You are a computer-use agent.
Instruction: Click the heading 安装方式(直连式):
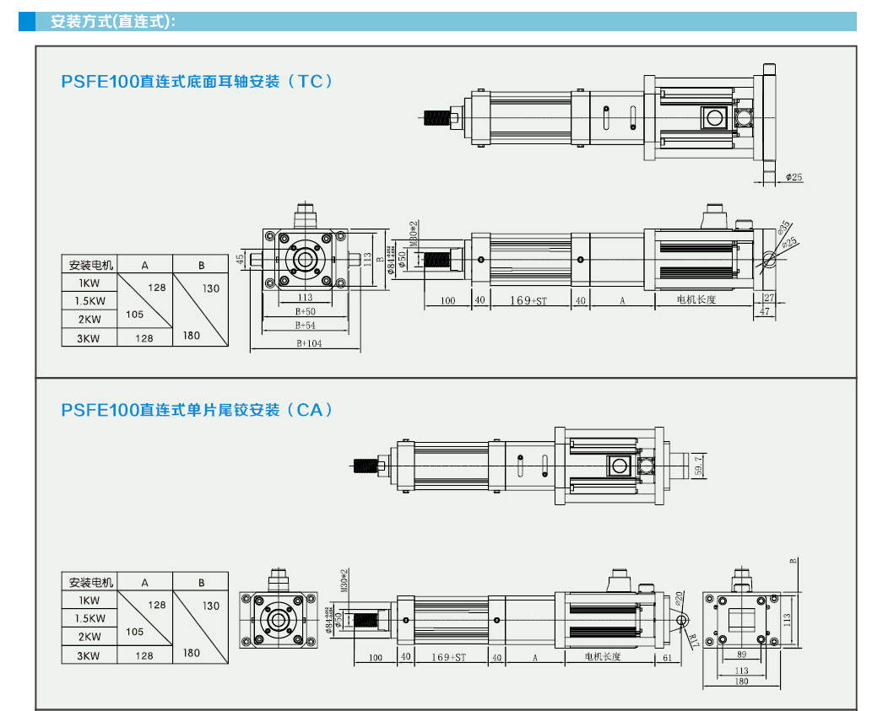pyautogui.click(x=112, y=22)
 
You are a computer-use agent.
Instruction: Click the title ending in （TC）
pyautogui.click(x=198, y=82)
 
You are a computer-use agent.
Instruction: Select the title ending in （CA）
pyautogui.click(x=198, y=410)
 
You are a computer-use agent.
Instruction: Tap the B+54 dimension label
pyautogui.click(x=305, y=325)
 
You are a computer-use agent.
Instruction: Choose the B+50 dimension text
pyautogui.click(x=305, y=311)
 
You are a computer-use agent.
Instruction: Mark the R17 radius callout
pyautogui.click(x=691, y=638)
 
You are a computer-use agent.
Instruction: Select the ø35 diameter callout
pyautogui.click(x=783, y=227)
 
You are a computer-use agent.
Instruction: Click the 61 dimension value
pyautogui.click(x=667, y=657)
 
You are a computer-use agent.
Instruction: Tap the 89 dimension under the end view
pyautogui.click(x=740, y=654)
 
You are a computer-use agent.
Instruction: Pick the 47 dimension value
pyautogui.click(x=765, y=311)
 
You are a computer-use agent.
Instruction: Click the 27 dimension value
pyautogui.click(x=768, y=298)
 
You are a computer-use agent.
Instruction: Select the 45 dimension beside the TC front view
pyautogui.click(x=241, y=258)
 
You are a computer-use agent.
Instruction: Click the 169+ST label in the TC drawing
pyautogui.click(x=528, y=300)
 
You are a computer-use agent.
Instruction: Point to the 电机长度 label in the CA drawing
pyautogui.click(x=602, y=656)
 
